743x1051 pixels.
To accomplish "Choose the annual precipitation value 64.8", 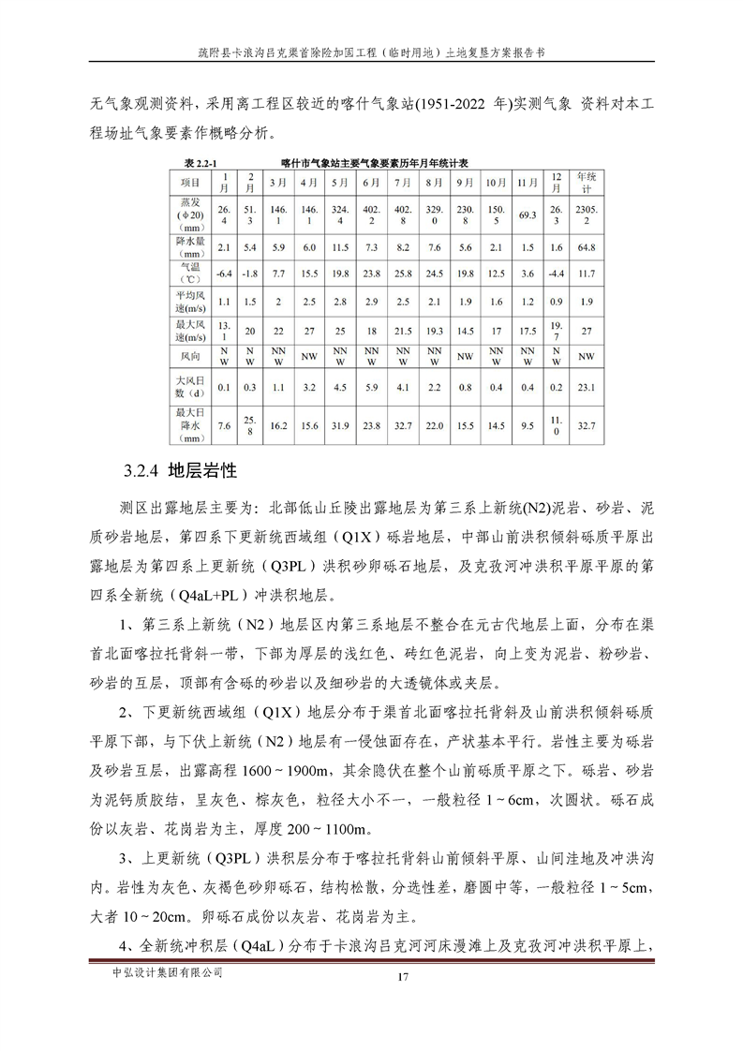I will (x=586, y=247).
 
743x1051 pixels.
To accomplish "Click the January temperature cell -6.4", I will (x=223, y=274).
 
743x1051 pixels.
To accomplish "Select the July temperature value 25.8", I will (x=403, y=274).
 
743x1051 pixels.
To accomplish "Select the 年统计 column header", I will (x=586, y=182).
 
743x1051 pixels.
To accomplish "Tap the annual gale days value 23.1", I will (x=586, y=386).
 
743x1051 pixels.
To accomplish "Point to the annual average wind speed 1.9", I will (x=586, y=302).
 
